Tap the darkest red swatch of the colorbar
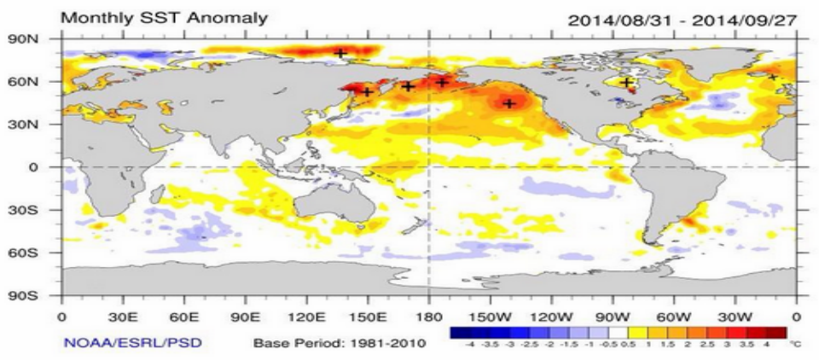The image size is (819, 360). coord(776,333)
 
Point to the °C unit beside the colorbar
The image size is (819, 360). coord(796,345)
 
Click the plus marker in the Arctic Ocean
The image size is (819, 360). coord(340,54)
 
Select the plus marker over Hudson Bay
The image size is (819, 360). coord(628,83)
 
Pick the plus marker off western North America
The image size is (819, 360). coord(509,104)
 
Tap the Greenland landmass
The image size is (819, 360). coord(700,55)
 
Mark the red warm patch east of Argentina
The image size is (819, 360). coord(689,225)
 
